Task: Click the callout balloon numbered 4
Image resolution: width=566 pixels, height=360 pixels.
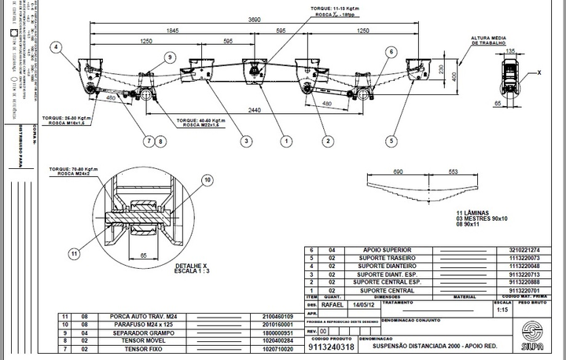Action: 56,47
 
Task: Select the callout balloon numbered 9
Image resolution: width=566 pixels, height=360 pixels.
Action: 169,56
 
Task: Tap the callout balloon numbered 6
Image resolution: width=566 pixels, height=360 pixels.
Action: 390,52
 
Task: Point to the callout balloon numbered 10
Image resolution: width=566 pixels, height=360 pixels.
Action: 208,180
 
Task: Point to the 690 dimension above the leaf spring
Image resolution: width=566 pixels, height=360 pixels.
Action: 399,171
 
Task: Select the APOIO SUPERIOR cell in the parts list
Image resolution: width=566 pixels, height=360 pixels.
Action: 382,250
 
